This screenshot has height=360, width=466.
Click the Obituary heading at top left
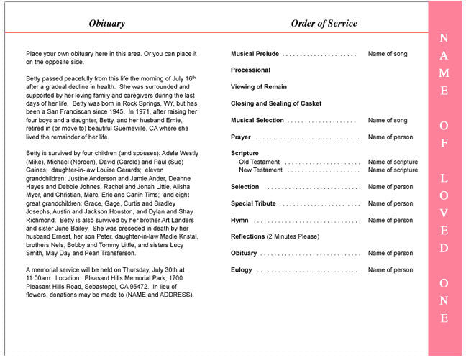coord(106,24)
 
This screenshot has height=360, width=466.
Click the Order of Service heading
coord(324,24)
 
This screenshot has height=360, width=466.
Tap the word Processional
coord(250,70)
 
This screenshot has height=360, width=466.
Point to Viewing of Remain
coord(253,87)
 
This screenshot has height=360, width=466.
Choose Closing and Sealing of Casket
coord(276,103)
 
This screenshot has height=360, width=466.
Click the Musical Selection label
coord(257,120)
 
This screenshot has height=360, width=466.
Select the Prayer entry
coord(241,137)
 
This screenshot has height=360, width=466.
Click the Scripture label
coord(245,153)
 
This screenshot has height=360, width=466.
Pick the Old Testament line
coord(260,162)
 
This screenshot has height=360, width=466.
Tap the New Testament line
coord(261,170)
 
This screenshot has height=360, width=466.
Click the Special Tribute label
coord(253,203)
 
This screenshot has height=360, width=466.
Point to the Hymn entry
coord(239,220)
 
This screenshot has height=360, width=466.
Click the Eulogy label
coord(242,270)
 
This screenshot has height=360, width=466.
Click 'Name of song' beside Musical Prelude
coord(388,54)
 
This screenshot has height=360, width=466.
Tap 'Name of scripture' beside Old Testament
coord(393,162)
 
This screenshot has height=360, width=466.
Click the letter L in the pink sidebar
coord(444,177)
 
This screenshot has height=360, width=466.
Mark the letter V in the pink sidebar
coord(444,213)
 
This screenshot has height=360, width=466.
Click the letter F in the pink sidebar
coord(444,143)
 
